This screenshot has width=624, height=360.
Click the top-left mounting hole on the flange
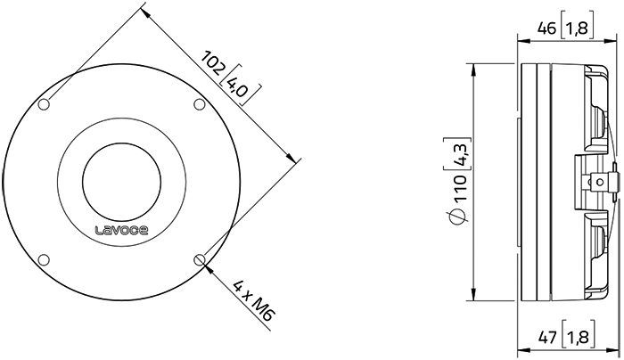coord(45,104)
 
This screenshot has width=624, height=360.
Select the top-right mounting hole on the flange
coord(199,104)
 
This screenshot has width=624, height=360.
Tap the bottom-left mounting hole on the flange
coord(45,259)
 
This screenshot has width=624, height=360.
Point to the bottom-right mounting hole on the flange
coord(199,259)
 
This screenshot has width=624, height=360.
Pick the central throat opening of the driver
coord(121,182)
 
